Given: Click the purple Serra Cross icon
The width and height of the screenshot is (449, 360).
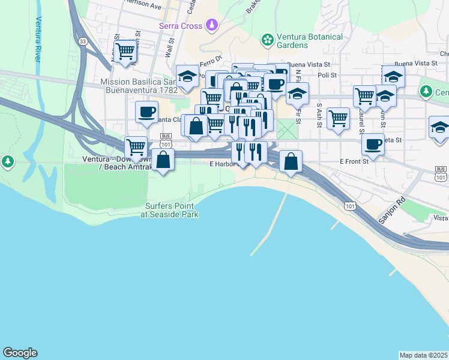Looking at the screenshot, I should [211, 25].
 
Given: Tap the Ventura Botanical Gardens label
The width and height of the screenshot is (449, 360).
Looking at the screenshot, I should [309, 41].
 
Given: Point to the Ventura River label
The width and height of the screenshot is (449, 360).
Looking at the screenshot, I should [38, 39].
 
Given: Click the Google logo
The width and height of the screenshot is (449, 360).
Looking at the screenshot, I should [20, 353].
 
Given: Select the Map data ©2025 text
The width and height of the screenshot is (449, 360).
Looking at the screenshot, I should [423, 355].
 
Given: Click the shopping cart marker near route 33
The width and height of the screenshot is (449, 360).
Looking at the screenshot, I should [125, 51].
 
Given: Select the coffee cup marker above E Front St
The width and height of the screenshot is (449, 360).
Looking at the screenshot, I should [373, 144].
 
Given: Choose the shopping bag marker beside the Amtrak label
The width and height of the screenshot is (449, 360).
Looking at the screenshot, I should [163, 160].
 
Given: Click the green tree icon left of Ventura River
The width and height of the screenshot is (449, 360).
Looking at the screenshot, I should [7, 161].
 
